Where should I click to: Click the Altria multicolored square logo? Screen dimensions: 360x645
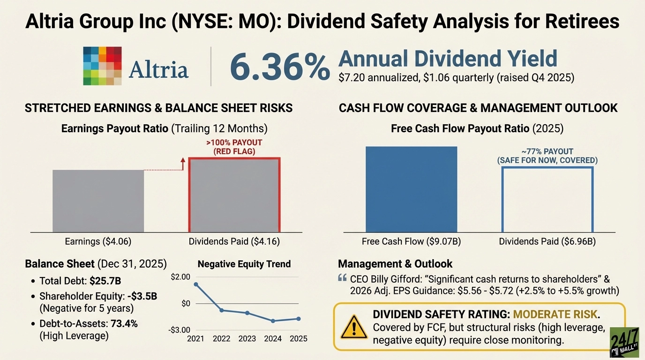pyautogui.click(x=102, y=66)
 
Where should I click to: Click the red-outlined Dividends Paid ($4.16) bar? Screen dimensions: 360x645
pyautogui.click(x=234, y=195)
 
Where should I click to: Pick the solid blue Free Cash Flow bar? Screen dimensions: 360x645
pyautogui.click(x=411, y=189)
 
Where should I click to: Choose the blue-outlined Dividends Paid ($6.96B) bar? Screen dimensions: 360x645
pyautogui.click(x=547, y=199)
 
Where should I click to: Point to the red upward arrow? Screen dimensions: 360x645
pyautogui.click(x=183, y=164)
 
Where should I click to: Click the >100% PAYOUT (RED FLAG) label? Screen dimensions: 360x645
pyautogui.click(x=234, y=147)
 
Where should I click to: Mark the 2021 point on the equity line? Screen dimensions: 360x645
pyautogui.click(x=195, y=285)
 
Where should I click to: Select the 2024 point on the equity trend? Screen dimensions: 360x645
pyautogui.click(x=273, y=321)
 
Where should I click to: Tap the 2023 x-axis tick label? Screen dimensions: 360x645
pyautogui.click(x=247, y=338)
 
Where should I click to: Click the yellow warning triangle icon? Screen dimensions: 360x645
pyautogui.click(x=354, y=327)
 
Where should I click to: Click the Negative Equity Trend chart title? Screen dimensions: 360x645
pyautogui.click(x=244, y=264)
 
